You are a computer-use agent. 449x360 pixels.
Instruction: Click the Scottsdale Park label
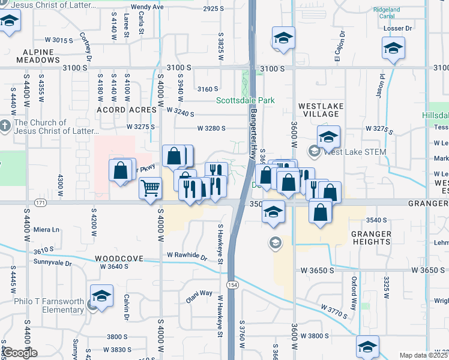245,100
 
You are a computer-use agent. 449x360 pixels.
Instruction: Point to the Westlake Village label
321,110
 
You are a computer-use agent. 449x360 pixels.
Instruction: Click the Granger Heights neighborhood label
371,238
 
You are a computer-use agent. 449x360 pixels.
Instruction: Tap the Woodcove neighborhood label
118,259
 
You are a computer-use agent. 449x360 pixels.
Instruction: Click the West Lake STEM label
354,152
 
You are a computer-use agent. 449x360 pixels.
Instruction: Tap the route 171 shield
40,203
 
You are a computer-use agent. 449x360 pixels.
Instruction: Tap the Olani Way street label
198,294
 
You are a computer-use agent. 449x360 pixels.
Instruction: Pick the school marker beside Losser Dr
393,49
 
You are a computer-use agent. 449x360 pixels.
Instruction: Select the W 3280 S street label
211,128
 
